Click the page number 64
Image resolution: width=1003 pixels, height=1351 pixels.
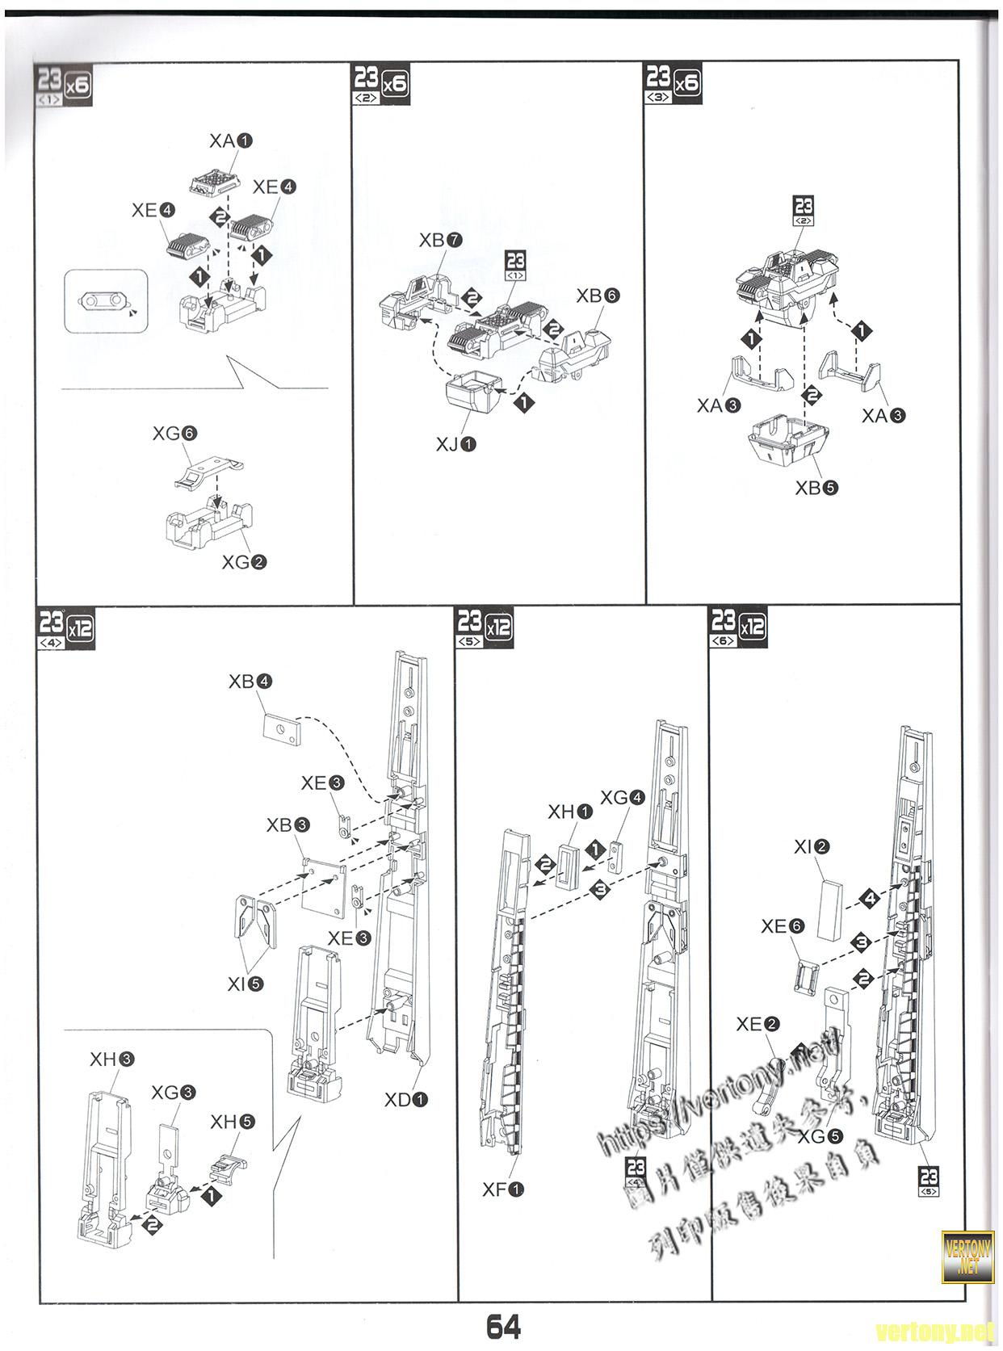502,1326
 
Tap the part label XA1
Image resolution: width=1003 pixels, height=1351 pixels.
230,141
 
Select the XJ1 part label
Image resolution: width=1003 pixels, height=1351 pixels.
455,443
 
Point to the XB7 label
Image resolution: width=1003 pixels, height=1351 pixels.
440,240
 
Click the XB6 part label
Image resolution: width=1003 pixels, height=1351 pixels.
597,296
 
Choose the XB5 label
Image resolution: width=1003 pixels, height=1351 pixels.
816,488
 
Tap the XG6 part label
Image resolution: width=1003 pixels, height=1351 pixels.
174,434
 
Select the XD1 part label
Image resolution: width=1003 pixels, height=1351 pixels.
405,1099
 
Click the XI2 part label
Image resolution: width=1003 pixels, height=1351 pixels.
812,847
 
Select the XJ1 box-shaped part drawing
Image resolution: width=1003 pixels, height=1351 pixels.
471,393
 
